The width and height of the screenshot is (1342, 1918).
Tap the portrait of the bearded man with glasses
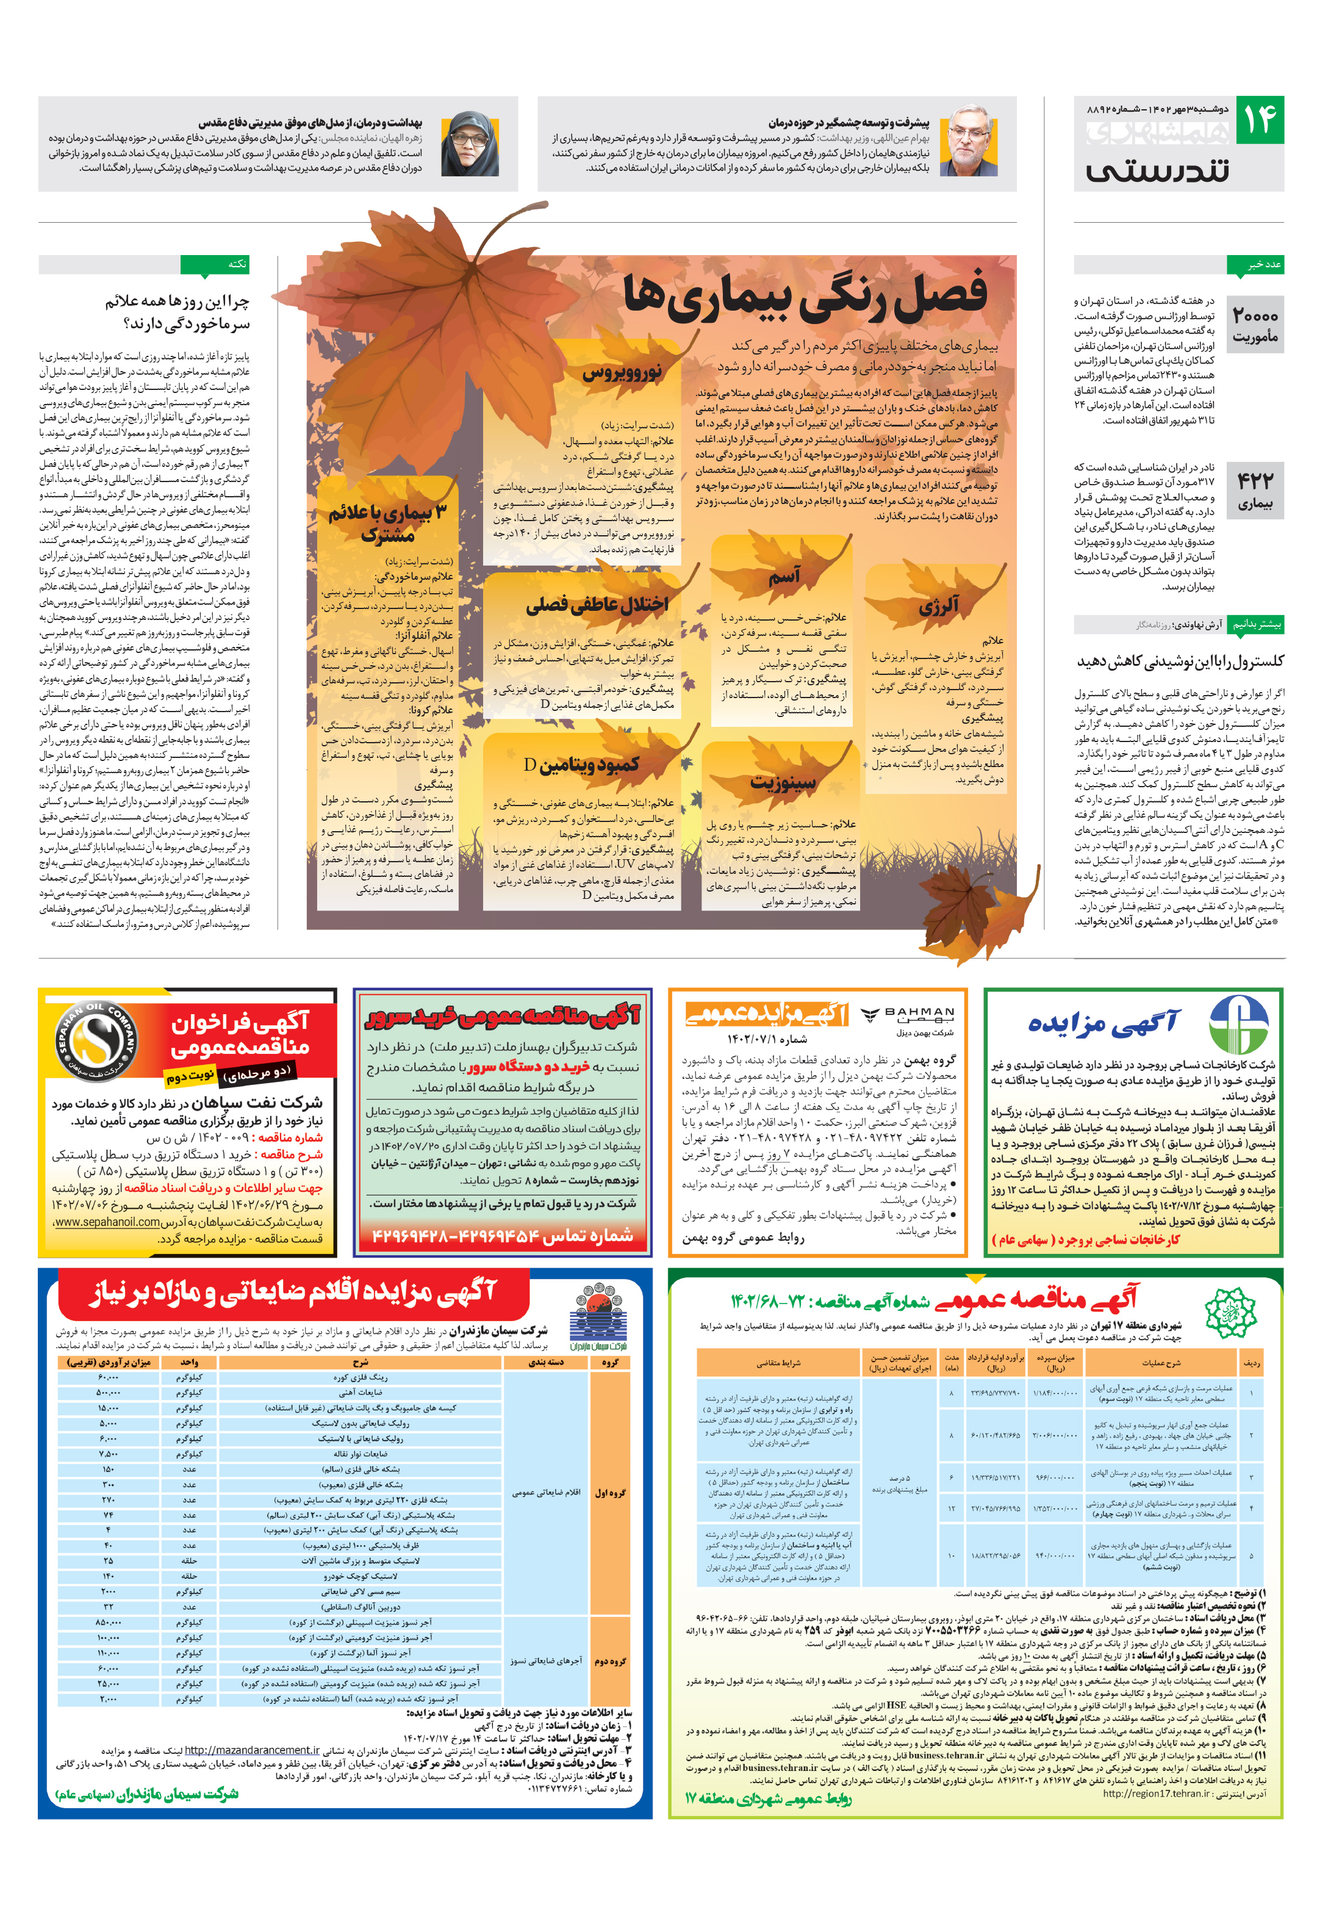pos(968,140)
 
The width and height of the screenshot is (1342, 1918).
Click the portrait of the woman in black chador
pos(470,143)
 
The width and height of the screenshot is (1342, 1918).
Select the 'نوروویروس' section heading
pos(622,372)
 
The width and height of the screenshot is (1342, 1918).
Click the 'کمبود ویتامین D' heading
pos(581,763)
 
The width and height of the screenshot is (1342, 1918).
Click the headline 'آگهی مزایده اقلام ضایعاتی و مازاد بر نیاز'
pos(293,1292)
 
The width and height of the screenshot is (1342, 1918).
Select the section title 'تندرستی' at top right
pos(1157,170)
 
